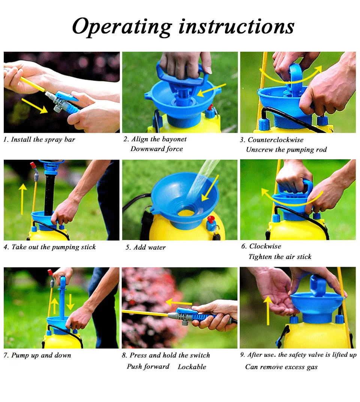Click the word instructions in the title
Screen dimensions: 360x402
(x=236, y=26)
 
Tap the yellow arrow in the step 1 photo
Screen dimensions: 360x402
(x=34, y=106)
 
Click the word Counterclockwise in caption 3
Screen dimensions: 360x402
(x=275, y=140)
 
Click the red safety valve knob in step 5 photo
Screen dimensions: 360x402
(x=211, y=220)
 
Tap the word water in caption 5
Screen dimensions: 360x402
(x=157, y=247)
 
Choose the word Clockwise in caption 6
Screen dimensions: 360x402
(x=265, y=247)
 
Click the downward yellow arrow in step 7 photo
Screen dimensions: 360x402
(x=70, y=302)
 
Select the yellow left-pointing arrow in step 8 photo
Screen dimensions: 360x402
(x=179, y=302)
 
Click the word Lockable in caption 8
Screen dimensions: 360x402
(x=192, y=367)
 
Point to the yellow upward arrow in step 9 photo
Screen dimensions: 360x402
(x=268, y=310)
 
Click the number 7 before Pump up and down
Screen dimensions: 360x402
(x=6, y=355)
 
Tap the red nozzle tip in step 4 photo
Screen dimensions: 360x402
(x=33, y=165)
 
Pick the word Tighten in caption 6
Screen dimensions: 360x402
(x=260, y=257)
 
